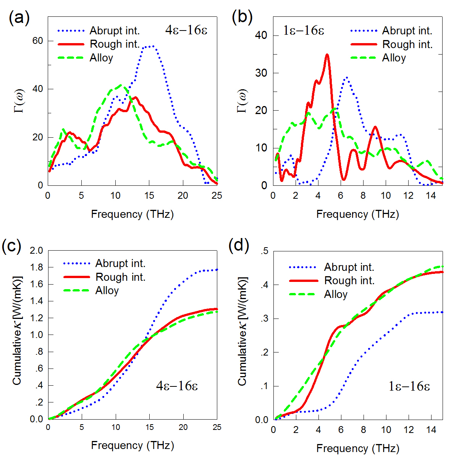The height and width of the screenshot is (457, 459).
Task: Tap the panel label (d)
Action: (239, 246)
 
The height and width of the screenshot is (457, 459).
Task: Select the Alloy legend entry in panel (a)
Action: (101, 58)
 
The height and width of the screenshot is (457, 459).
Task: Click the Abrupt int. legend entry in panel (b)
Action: (407, 31)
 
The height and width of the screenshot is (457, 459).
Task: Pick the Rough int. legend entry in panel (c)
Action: (120, 277)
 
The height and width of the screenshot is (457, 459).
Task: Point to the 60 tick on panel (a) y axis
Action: (37, 41)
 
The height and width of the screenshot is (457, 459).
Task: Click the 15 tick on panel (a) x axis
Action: (149, 196)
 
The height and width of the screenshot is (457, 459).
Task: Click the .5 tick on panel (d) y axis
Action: (264, 251)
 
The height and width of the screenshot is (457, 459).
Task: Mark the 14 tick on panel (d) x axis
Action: (431, 430)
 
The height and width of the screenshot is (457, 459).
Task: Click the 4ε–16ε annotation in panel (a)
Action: (186, 30)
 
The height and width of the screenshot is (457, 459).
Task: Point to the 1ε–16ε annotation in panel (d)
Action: (409, 386)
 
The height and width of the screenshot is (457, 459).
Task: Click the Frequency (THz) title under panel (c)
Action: (133, 445)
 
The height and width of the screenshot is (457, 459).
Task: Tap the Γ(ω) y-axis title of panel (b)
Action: (242, 101)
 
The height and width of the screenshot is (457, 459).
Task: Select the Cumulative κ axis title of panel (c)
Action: (17, 330)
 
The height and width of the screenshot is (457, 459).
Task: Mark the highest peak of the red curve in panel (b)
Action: (327, 55)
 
